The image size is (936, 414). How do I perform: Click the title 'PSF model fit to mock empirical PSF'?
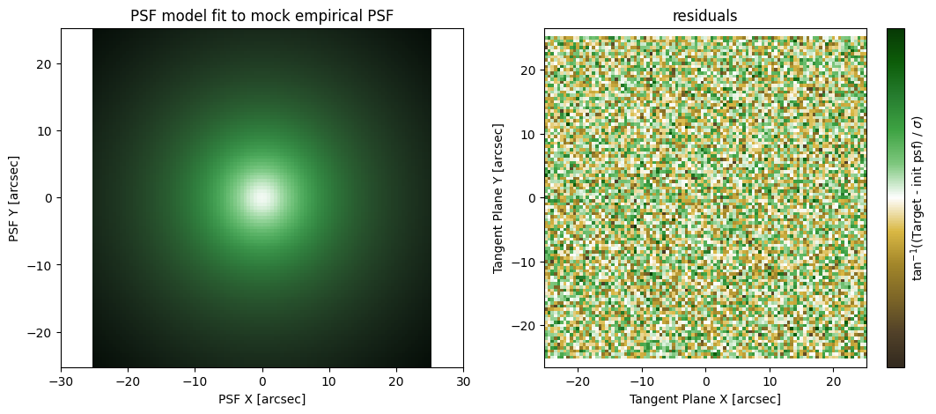[x=262, y=16]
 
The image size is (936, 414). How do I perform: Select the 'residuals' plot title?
[x=705, y=16]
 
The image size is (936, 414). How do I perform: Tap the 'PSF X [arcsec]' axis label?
[x=262, y=399]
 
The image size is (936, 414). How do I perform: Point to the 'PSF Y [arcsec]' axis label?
[x=13, y=198]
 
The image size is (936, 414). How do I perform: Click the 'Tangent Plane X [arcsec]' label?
[x=705, y=399]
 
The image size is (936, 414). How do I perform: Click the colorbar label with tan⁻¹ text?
[x=920, y=198]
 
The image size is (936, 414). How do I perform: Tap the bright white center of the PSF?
[x=262, y=196]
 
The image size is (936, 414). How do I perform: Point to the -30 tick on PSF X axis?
[x=60, y=381]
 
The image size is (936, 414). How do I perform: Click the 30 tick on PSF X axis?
[x=463, y=381]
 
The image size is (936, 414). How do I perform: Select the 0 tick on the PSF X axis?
[x=262, y=381]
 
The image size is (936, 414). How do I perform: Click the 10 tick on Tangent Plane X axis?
[x=770, y=381]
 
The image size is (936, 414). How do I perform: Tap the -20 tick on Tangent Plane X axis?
[x=578, y=381]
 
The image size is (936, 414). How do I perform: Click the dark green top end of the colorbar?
[x=895, y=33]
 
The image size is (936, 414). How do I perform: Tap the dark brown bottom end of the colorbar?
[x=895, y=362]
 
